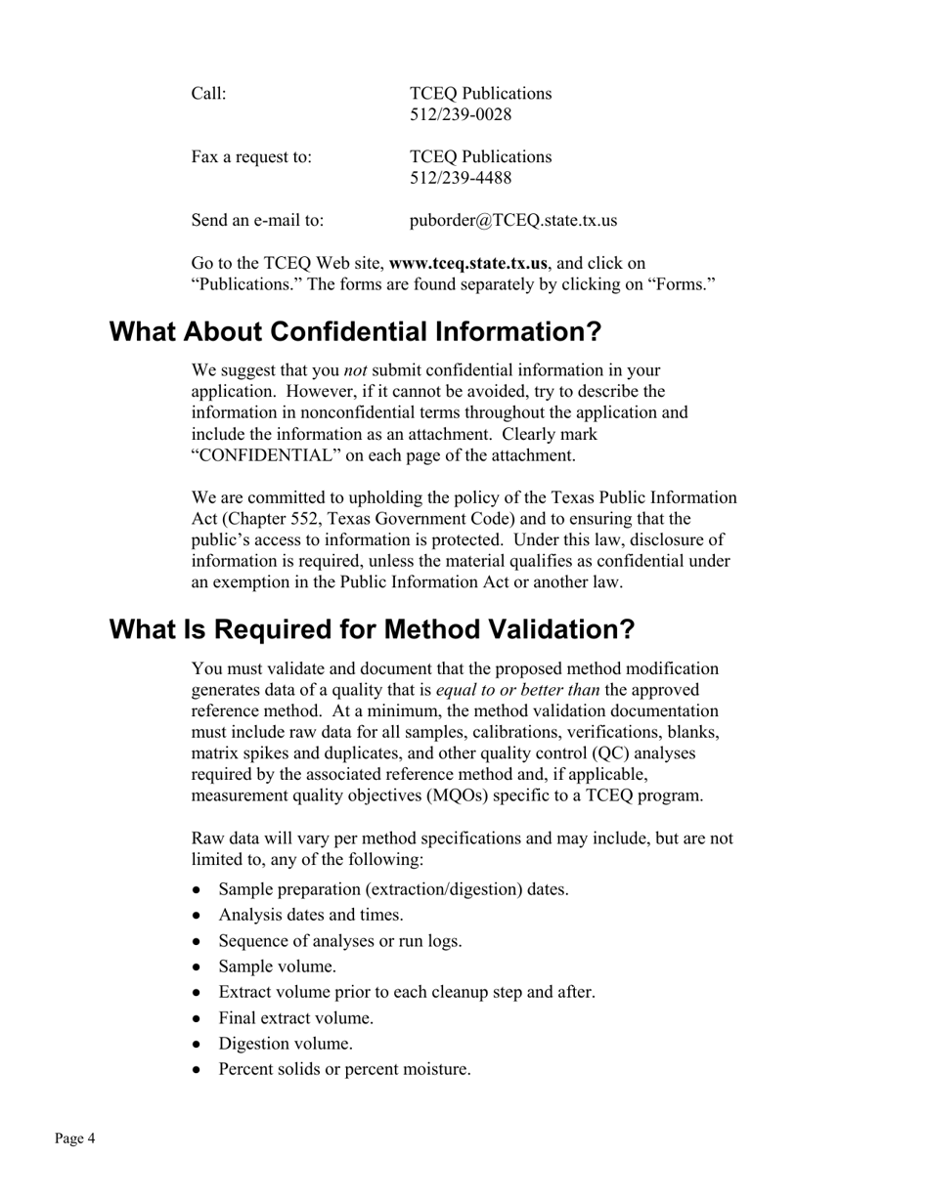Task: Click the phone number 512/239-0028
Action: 461,115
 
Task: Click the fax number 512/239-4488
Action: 461,178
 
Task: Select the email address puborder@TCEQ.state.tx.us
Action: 512,220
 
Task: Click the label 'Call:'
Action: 208,94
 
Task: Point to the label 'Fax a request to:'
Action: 251,157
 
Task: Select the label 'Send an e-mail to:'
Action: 257,220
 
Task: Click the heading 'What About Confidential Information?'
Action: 355,332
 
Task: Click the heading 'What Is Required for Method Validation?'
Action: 372,629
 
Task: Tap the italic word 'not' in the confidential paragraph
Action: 356,370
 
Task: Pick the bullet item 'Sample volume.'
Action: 277,966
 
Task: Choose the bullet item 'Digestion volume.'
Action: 286,1044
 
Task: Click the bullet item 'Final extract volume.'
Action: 295,1018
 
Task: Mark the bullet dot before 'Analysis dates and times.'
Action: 199,916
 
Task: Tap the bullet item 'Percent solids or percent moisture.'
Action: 344,1069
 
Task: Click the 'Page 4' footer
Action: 75,1138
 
